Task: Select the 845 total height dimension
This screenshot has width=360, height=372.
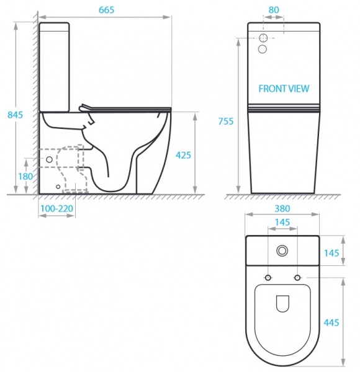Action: (x=14, y=115)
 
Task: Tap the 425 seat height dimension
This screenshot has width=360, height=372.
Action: (x=183, y=155)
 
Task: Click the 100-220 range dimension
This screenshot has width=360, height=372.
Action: (x=57, y=209)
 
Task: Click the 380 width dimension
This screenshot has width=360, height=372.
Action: (x=282, y=209)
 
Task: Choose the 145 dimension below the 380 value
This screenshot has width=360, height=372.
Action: (x=282, y=222)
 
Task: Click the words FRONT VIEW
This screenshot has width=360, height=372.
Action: (x=284, y=89)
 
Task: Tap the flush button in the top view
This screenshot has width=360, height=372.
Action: (x=282, y=250)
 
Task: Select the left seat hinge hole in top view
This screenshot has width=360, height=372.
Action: (x=268, y=277)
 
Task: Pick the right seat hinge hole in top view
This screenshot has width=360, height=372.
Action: (x=297, y=277)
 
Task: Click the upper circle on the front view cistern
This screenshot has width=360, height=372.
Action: (x=265, y=37)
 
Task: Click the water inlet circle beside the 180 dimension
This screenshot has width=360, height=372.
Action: (x=50, y=159)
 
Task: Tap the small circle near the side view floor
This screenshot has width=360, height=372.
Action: (x=58, y=185)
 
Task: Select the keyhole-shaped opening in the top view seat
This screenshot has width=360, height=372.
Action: (x=282, y=303)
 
